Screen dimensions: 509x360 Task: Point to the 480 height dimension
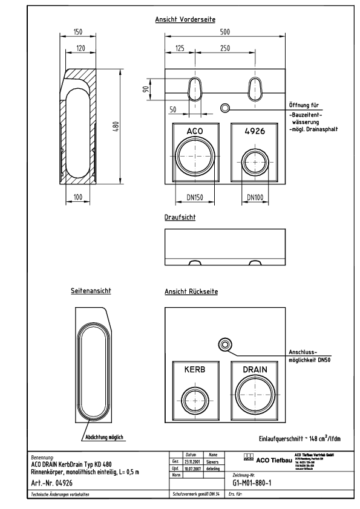point(115,126)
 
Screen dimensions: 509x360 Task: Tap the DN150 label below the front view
point(194,197)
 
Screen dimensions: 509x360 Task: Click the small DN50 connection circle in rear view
point(224,344)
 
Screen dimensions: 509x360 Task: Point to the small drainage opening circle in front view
point(224,108)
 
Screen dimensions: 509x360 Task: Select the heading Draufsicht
point(180,216)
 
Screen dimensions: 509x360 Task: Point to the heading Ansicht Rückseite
point(191,291)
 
